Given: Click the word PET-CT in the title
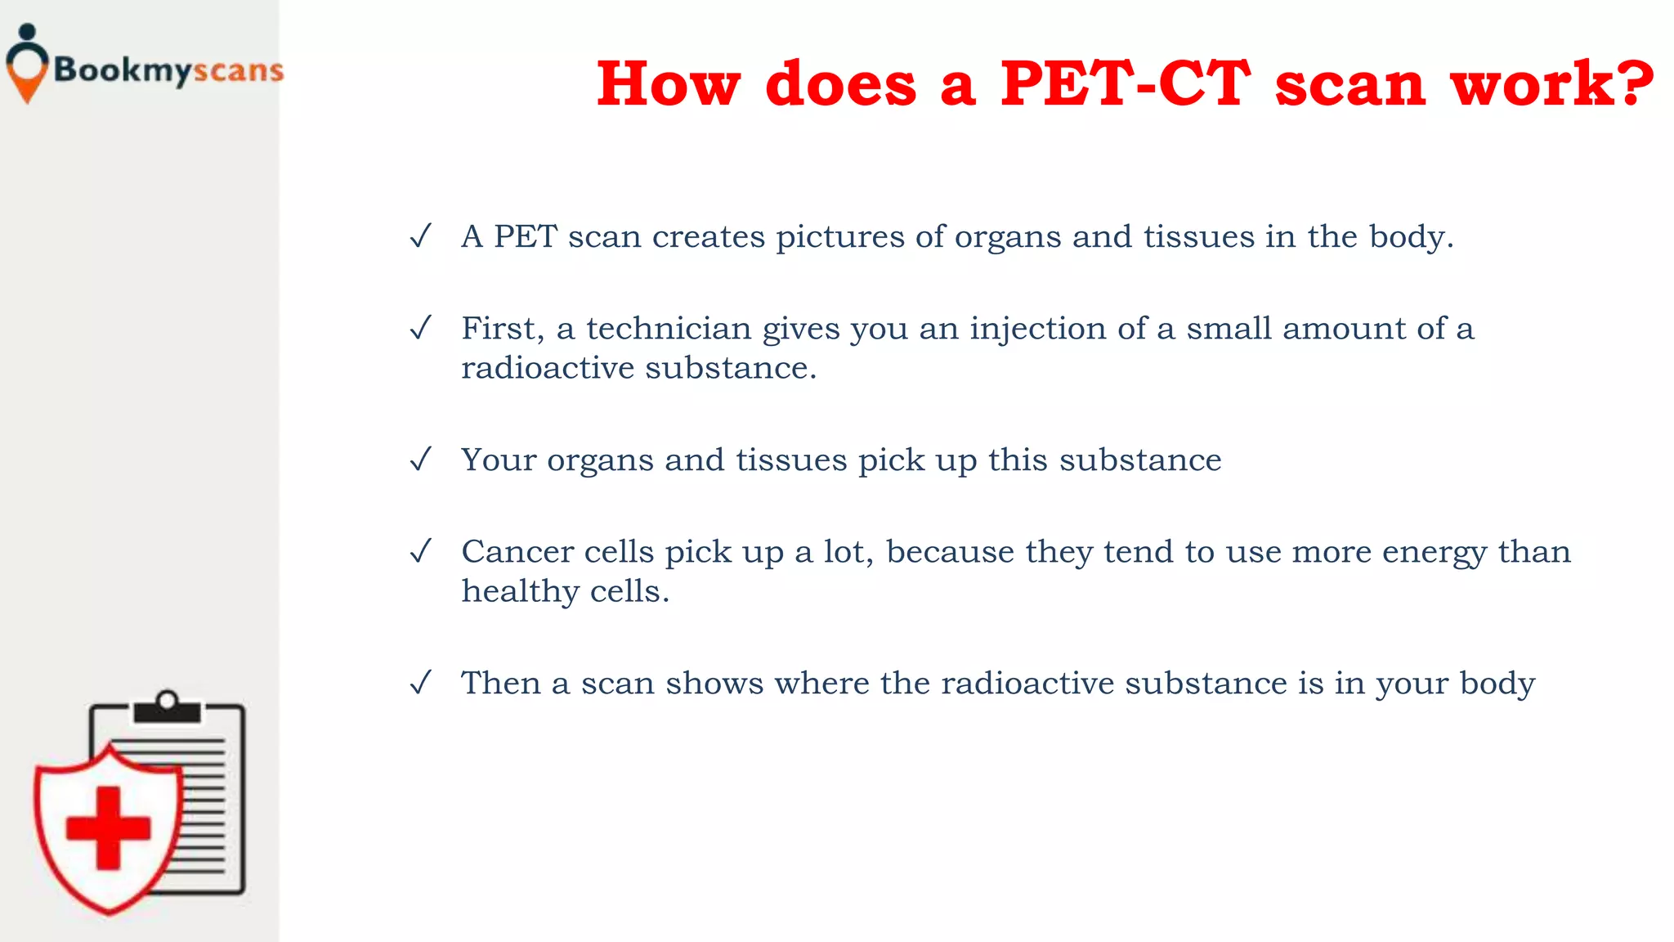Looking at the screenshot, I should pos(1125,84).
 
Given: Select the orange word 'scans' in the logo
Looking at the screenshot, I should pos(239,71).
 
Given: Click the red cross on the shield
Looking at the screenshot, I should pos(108,828).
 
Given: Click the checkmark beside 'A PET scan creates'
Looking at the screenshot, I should pos(420,237).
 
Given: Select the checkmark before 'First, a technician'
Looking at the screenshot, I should pos(420,329).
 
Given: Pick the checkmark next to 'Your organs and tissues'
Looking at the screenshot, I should pos(420,460).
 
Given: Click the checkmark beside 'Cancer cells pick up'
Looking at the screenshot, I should pos(420,552).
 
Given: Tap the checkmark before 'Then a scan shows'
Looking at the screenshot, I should pos(420,683).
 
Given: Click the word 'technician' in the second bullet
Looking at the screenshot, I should pos(668,329).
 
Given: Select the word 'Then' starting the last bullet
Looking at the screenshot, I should pos(500,683).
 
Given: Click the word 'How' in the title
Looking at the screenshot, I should pos(669,84).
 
